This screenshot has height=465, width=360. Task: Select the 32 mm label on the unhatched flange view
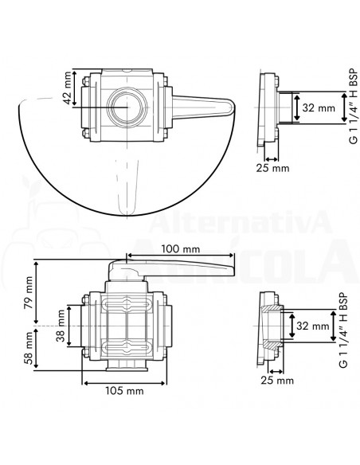[312, 106]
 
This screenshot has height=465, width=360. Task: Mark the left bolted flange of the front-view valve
[89, 326]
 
